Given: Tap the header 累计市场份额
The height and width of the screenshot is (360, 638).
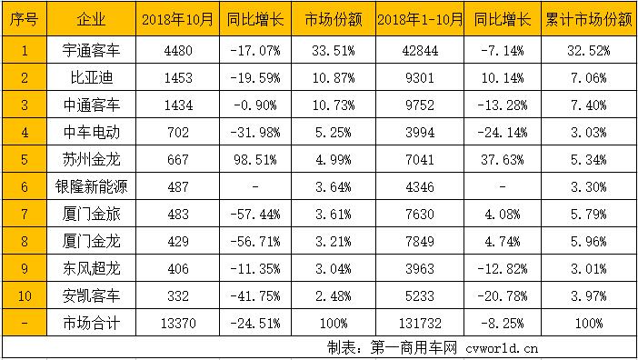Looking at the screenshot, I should click(x=591, y=18).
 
